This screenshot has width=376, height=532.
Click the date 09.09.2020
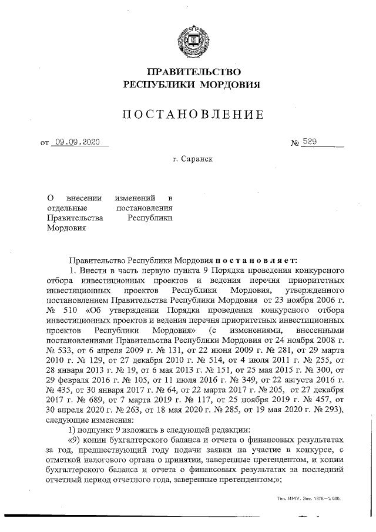click(76, 142)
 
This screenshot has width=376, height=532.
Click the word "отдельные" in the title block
click(67, 208)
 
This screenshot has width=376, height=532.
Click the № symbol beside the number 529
click(296, 143)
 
